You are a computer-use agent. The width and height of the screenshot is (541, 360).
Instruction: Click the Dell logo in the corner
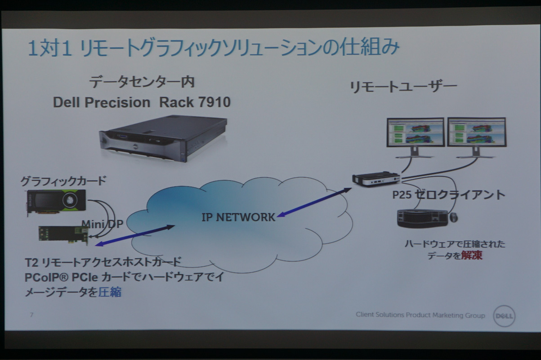pos(504,316)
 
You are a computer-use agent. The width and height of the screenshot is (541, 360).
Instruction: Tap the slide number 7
pos(31,315)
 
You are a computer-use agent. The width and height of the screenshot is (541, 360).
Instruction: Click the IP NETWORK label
pos(238,217)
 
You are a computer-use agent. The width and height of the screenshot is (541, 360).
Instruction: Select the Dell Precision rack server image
pos(163,137)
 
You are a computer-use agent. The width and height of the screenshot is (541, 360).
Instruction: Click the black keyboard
pos(422,218)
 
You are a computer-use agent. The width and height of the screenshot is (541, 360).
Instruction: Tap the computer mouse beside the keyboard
pos(453,217)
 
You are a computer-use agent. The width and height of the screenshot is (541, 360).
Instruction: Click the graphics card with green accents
pos(57,201)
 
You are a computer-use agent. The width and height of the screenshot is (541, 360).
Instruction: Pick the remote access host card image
pos(63,233)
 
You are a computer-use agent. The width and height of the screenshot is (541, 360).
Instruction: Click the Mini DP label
pos(102,224)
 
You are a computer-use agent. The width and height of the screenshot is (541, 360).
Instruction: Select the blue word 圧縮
pos(110,292)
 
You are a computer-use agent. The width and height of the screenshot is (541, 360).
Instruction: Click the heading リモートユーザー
pos(403,86)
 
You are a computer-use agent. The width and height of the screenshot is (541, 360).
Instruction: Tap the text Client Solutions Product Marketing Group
pos(420,315)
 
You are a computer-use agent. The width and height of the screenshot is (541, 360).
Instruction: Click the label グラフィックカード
pos(63,181)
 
